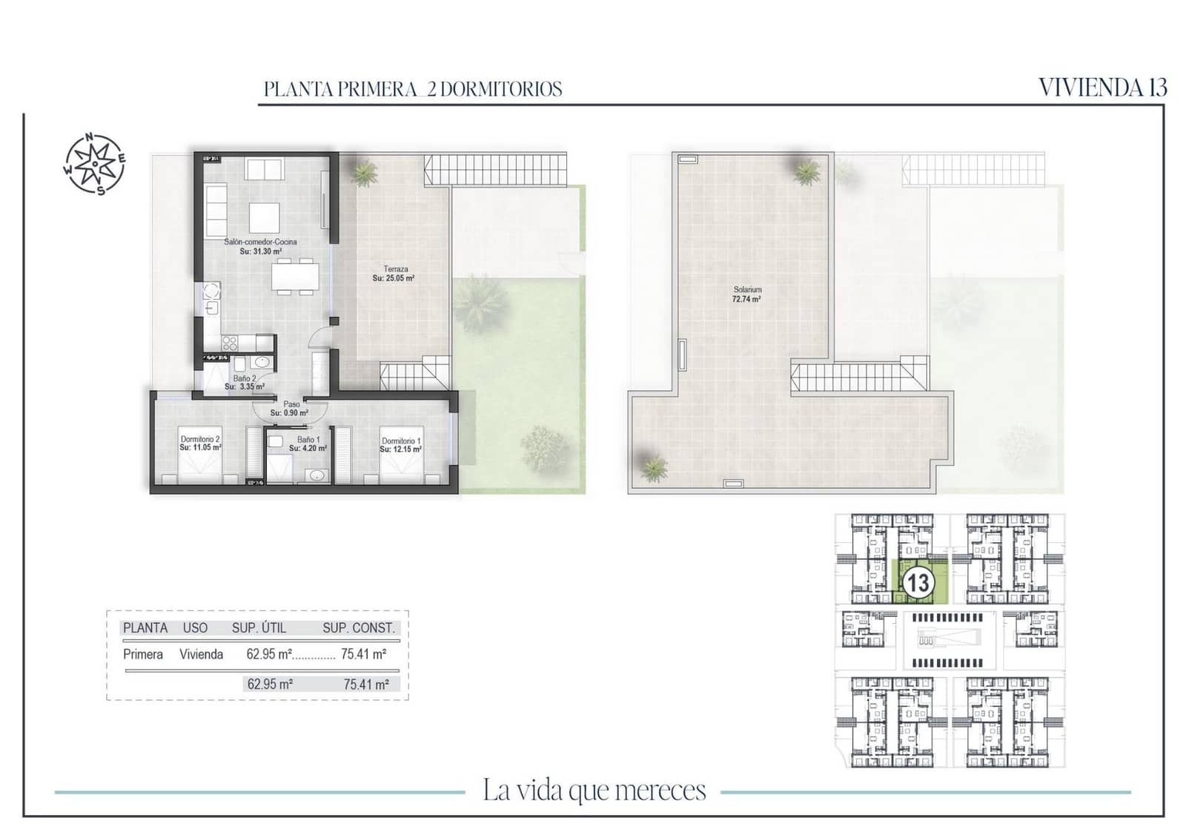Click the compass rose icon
click(x=94, y=165)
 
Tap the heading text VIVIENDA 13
click(x=1102, y=88)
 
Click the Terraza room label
click(x=395, y=269)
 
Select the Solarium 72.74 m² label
click(x=746, y=294)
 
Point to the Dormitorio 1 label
click(x=401, y=441)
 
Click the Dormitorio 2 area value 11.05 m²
click(x=201, y=448)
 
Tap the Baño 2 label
click(x=245, y=378)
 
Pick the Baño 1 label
click(x=308, y=440)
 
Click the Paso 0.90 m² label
click(x=291, y=409)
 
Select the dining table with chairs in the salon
click(x=295, y=277)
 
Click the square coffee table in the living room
click(x=264, y=218)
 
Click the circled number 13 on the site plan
click(x=918, y=583)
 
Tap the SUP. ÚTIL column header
click(x=259, y=628)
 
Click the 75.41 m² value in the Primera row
click(x=363, y=654)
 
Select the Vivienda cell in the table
click(x=201, y=654)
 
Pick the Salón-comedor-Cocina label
click(x=260, y=242)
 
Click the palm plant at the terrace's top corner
click(x=363, y=173)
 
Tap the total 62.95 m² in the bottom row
click(x=270, y=684)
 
